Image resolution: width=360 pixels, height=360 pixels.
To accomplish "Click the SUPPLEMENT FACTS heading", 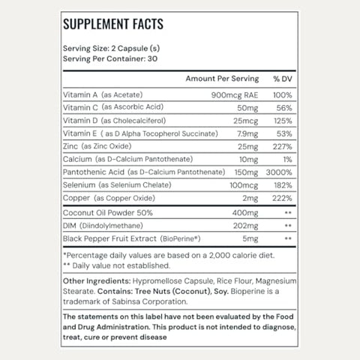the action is click(113, 24).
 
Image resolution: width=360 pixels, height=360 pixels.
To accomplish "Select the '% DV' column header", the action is click(281, 79).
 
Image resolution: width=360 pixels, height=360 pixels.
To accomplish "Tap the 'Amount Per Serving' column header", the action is click(222, 79).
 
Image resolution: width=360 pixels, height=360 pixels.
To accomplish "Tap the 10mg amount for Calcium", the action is click(249, 160).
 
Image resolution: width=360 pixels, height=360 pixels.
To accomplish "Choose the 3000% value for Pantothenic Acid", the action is click(277, 172).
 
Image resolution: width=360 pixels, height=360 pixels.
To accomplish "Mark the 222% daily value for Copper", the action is click(280, 199).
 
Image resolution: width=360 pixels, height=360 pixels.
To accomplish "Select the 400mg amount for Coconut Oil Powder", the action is click(245, 212).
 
